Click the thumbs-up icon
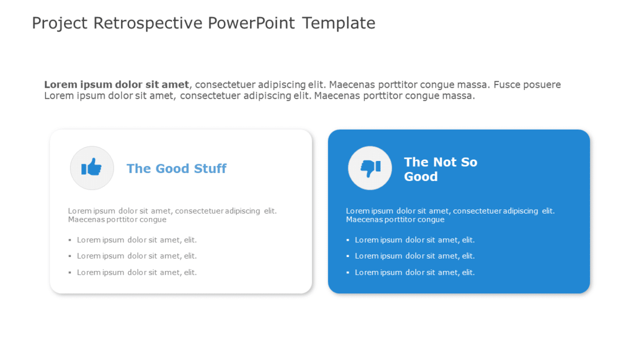pos(92,168)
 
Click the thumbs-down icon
pos(370,168)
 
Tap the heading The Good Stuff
pos(176,169)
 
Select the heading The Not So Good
pos(440,169)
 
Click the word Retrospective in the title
pos(148,23)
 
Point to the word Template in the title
pos(338,23)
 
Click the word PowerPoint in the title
pos(252,23)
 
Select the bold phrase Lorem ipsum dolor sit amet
pos(117,85)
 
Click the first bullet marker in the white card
pos(70,240)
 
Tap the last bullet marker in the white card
pos(70,272)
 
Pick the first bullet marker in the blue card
pos(348,240)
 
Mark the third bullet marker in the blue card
pos(348,272)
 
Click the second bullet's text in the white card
pos(137,256)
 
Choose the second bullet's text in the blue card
pos(414,256)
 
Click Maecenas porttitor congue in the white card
pos(117,220)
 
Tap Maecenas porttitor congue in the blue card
pos(395,220)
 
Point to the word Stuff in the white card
pos(210,169)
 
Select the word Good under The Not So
pos(420,177)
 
